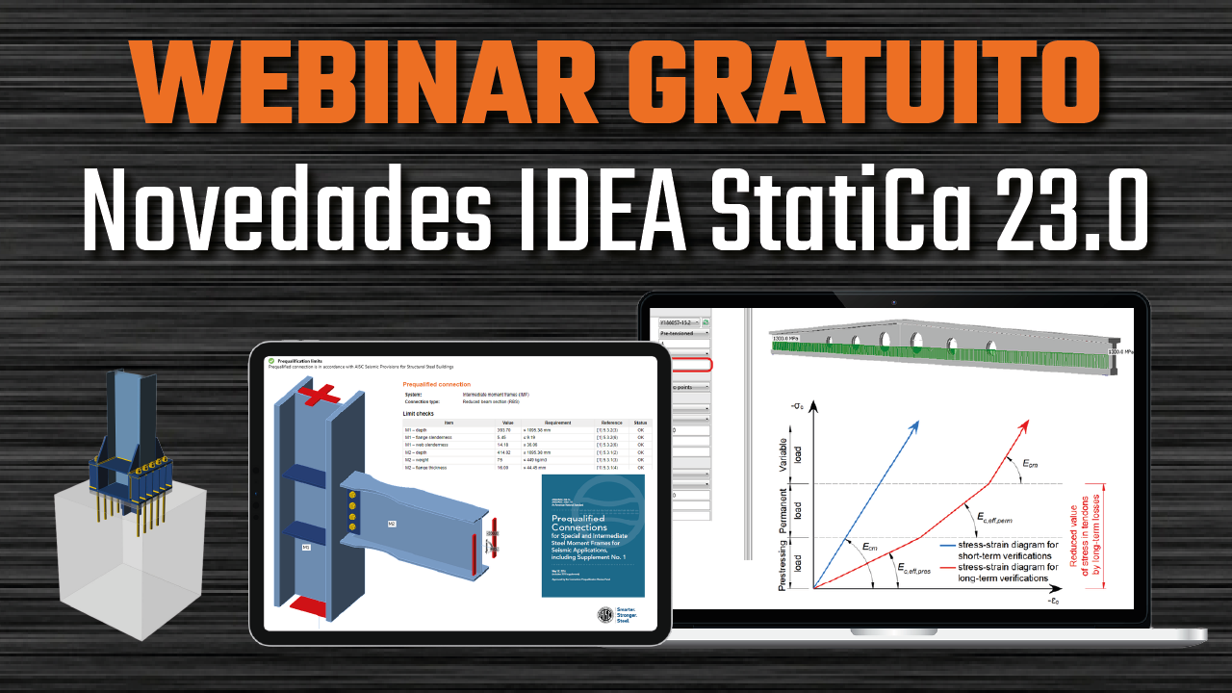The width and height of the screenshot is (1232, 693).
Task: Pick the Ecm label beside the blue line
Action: (869, 548)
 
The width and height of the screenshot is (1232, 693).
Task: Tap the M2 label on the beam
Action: (392, 524)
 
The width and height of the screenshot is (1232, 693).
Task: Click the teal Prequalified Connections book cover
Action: (592, 535)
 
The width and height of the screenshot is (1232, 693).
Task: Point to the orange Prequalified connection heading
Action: (436, 384)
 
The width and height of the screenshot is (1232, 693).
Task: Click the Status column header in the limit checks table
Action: (640, 422)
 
